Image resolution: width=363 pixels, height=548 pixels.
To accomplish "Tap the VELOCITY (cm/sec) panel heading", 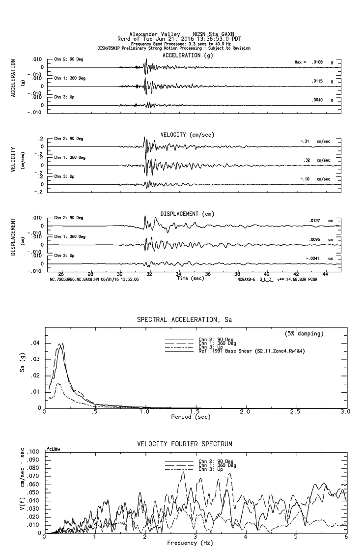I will pyautogui.click(x=187, y=135).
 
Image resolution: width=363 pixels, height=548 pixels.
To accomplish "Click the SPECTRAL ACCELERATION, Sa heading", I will pyautogui.click(x=184, y=319).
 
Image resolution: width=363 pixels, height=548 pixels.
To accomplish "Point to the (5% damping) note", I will pyautogui.click(x=304, y=334).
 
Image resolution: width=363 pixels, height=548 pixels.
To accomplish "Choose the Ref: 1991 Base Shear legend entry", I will pyautogui.click(x=254, y=351).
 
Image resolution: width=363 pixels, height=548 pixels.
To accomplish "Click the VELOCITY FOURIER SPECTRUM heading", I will pyautogui.click(x=185, y=444).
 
